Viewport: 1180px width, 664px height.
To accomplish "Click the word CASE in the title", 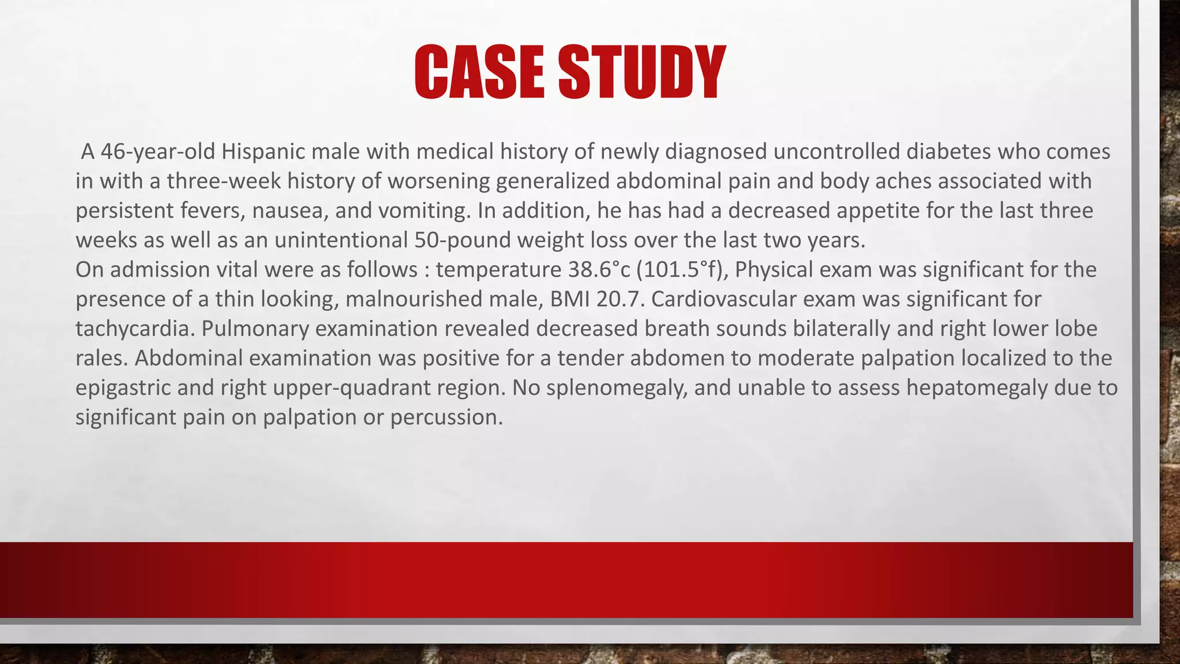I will (479, 72).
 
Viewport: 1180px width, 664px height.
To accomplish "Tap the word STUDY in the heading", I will (642, 72).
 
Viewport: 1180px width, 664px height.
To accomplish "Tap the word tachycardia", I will (135, 329).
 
